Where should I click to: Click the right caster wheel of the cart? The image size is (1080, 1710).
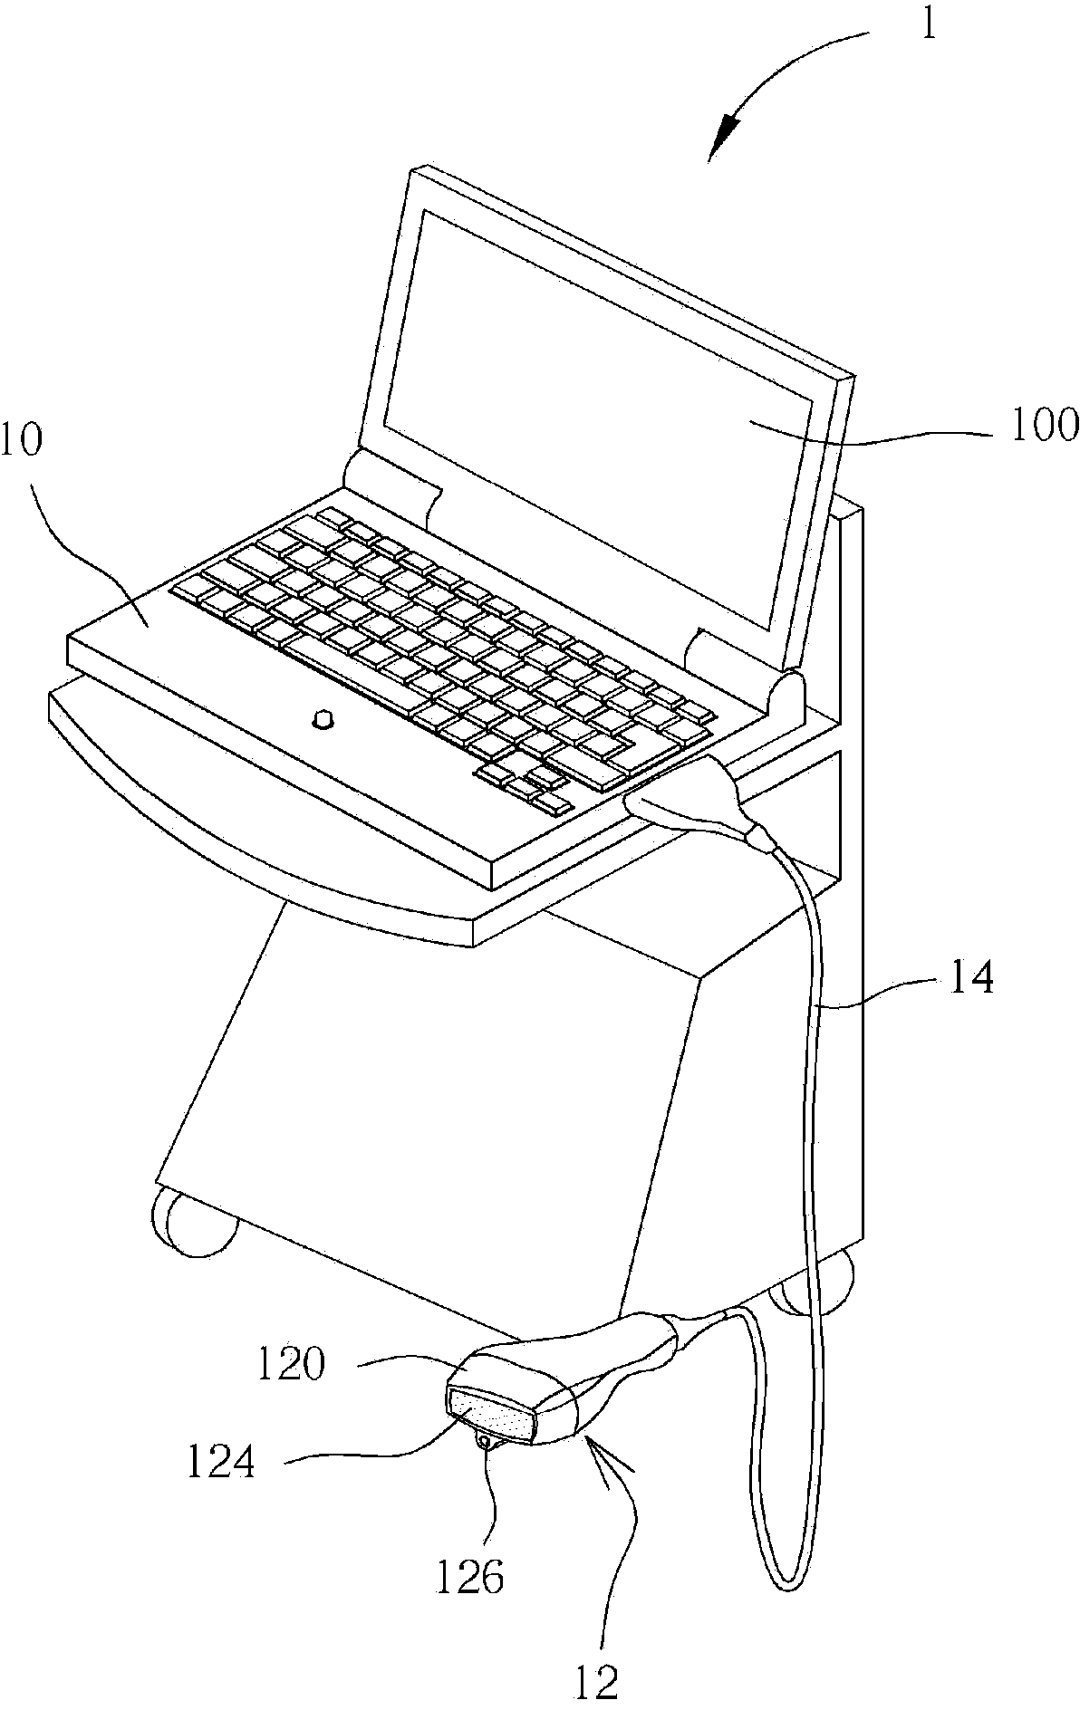coord(818,1284)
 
